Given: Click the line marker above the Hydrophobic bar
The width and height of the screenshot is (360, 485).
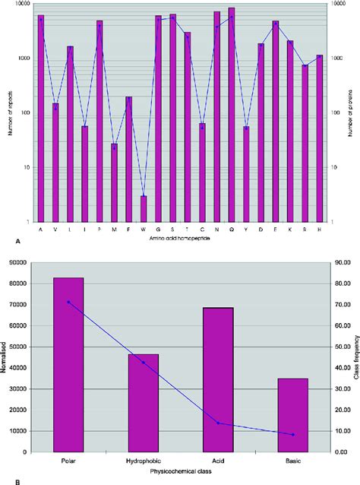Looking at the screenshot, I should [143, 363].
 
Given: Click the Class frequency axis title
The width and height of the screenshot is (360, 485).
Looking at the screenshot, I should [354, 357].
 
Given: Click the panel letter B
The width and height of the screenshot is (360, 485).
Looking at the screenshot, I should [6, 480].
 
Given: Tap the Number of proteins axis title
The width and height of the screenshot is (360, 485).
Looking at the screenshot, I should [354, 114].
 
